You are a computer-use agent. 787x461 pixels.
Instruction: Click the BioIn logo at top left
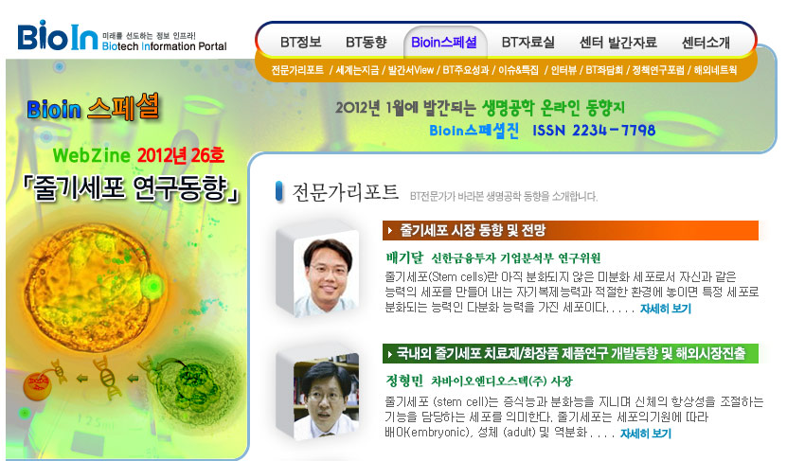tap(57, 36)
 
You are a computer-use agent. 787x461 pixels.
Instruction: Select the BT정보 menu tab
tap(300, 43)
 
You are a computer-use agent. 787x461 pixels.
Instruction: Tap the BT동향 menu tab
tap(367, 43)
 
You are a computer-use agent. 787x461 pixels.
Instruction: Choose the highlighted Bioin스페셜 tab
tap(444, 43)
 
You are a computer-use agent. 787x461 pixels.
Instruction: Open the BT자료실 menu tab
tap(528, 43)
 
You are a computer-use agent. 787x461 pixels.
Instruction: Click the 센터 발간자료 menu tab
tap(617, 43)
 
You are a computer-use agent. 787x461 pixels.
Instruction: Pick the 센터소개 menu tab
tap(706, 43)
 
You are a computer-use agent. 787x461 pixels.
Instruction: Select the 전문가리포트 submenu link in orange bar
tap(297, 70)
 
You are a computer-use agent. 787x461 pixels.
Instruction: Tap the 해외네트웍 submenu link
tap(715, 70)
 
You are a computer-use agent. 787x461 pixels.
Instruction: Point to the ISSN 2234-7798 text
tap(594, 131)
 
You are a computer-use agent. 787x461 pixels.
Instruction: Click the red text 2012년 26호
tap(181, 155)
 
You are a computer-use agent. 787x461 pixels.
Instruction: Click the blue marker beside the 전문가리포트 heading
tap(279, 191)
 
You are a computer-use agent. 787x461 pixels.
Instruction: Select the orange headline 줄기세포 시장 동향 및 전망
tap(473, 230)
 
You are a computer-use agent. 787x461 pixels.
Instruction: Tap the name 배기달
tap(404, 257)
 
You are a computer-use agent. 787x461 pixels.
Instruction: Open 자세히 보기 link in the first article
tap(666, 309)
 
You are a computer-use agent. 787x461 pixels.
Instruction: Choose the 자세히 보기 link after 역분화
tap(646, 434)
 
